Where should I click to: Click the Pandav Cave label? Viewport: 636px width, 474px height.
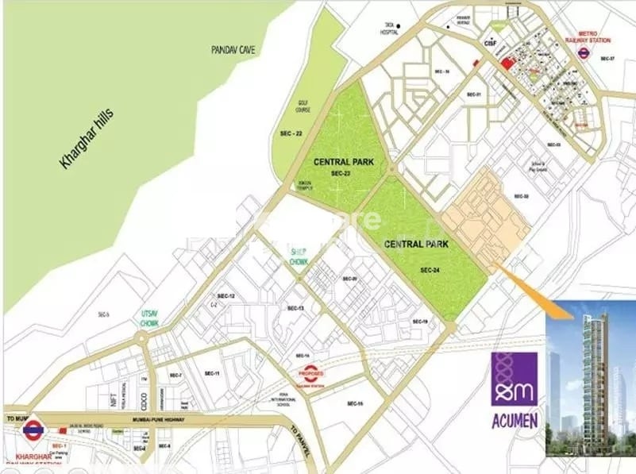point(232,49)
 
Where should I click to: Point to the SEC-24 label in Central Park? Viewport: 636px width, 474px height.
point(430,270)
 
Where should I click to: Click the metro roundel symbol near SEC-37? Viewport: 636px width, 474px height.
point(584,55)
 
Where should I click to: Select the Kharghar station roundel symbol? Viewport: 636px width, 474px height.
point(33,430)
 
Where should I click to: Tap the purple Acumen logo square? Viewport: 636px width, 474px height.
point(514,380)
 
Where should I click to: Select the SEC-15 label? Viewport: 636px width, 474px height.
point(354,404)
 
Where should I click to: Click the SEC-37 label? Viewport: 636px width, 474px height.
point(607,59)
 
